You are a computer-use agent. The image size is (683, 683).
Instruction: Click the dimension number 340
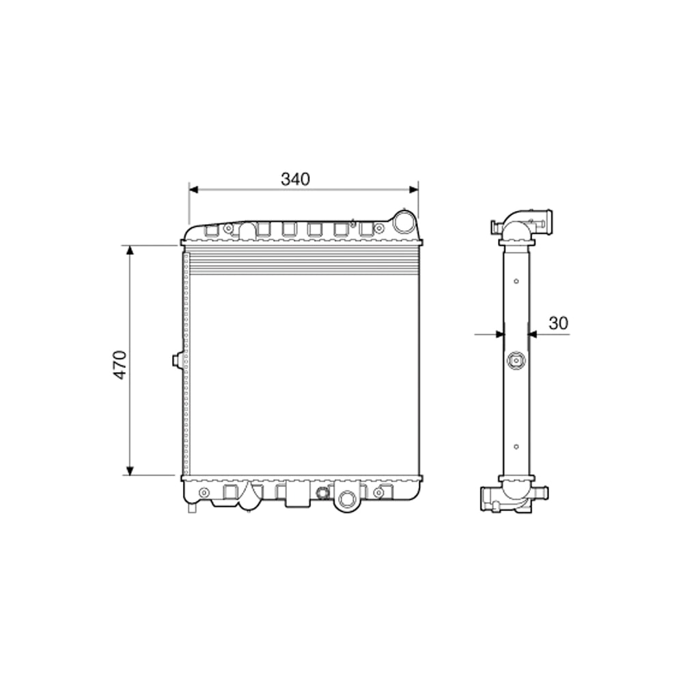295,179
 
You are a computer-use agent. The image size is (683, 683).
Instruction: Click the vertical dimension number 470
120,365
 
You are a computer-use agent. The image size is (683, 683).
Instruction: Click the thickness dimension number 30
558,324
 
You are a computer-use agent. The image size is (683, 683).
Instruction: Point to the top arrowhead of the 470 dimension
130,249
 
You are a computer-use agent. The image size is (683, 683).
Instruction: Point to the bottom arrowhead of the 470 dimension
130,471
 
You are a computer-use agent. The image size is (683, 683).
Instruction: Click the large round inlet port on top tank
404,221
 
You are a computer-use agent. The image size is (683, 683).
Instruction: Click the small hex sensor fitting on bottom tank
322,493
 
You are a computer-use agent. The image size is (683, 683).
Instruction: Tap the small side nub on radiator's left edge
176,359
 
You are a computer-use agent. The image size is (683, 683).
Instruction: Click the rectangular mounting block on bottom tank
297,494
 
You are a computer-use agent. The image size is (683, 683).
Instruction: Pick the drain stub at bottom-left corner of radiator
192,507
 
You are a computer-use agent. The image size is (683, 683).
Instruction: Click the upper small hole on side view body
516,281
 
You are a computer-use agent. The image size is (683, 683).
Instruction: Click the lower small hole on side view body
516,447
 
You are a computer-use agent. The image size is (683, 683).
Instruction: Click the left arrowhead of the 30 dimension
499,334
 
